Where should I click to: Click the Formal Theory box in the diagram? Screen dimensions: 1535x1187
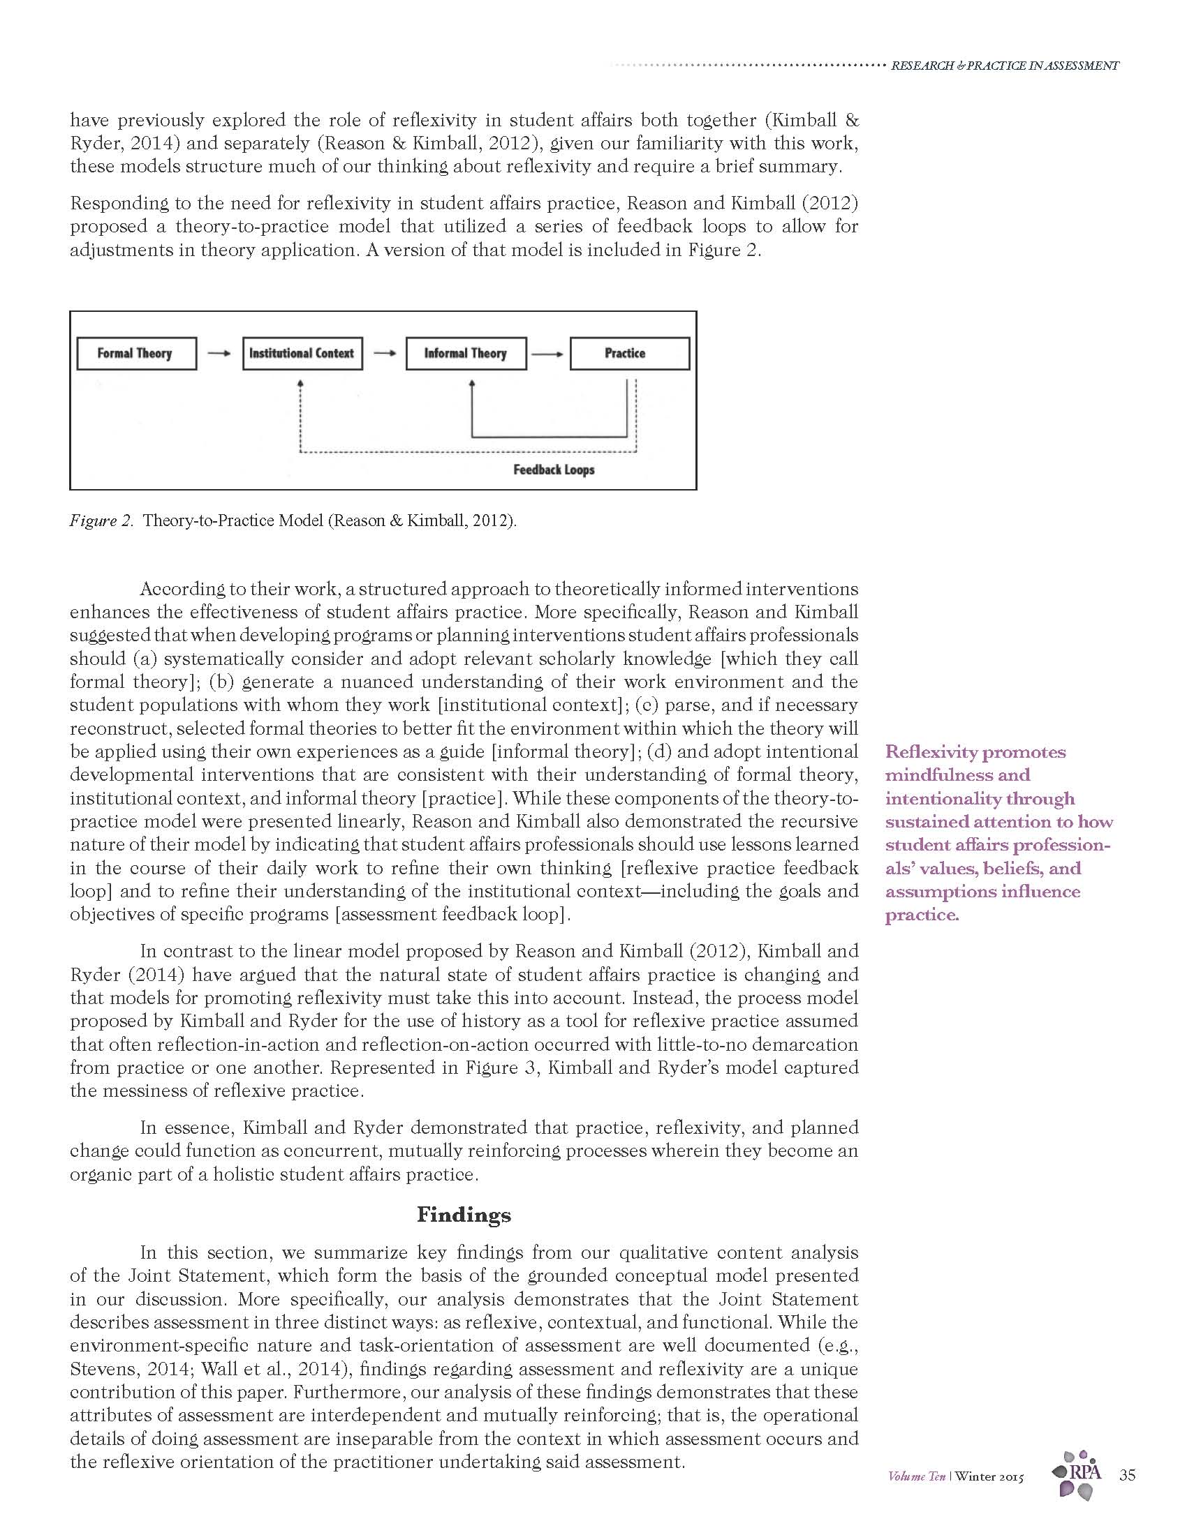(135, 354)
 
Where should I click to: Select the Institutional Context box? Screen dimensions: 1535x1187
(302, 354)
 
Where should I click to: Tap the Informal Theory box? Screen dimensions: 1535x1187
(466, 354)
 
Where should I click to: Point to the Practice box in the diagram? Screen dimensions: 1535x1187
(628, 354)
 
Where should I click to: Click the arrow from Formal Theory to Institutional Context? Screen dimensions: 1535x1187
(219, 354)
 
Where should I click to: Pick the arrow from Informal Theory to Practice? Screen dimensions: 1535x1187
(547, 354)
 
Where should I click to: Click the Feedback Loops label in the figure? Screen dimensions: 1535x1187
(554, 470)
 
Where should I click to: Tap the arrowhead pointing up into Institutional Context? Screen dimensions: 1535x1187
(300, 384)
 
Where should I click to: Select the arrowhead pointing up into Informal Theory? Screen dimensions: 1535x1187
(472, 384)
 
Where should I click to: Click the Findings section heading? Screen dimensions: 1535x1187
(464, 1215)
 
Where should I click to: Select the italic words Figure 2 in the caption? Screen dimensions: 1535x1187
(101, 521)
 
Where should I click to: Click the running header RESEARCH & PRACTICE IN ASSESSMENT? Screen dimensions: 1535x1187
(1004, 66)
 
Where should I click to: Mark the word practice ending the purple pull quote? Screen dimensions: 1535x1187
(920, 915)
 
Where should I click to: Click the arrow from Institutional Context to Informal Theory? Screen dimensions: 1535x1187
(384, 354)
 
